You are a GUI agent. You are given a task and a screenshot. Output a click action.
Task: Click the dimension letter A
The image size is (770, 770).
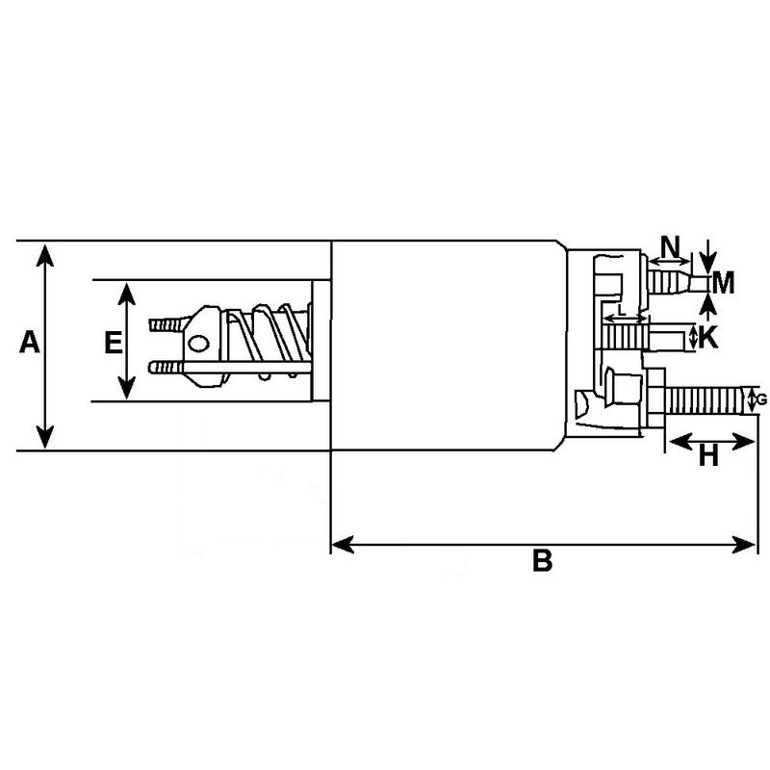(x=30, y=343)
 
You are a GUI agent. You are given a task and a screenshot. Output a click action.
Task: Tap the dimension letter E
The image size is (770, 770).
(x=113, y=343)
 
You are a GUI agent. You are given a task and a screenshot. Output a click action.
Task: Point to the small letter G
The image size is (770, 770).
(x=762, y=398)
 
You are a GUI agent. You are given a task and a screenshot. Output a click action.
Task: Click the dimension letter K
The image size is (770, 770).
(x=707, y=338)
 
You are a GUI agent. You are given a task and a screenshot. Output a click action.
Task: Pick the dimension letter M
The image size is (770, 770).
(x=724, y=282)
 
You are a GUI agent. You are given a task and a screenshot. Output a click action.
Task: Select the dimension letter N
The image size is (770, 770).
(x=671, y=244)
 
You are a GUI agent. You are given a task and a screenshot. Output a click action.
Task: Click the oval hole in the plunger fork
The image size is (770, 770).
(x=199, y=343)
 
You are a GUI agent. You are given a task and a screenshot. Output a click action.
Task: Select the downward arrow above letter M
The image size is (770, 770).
(x=707, y=262)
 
